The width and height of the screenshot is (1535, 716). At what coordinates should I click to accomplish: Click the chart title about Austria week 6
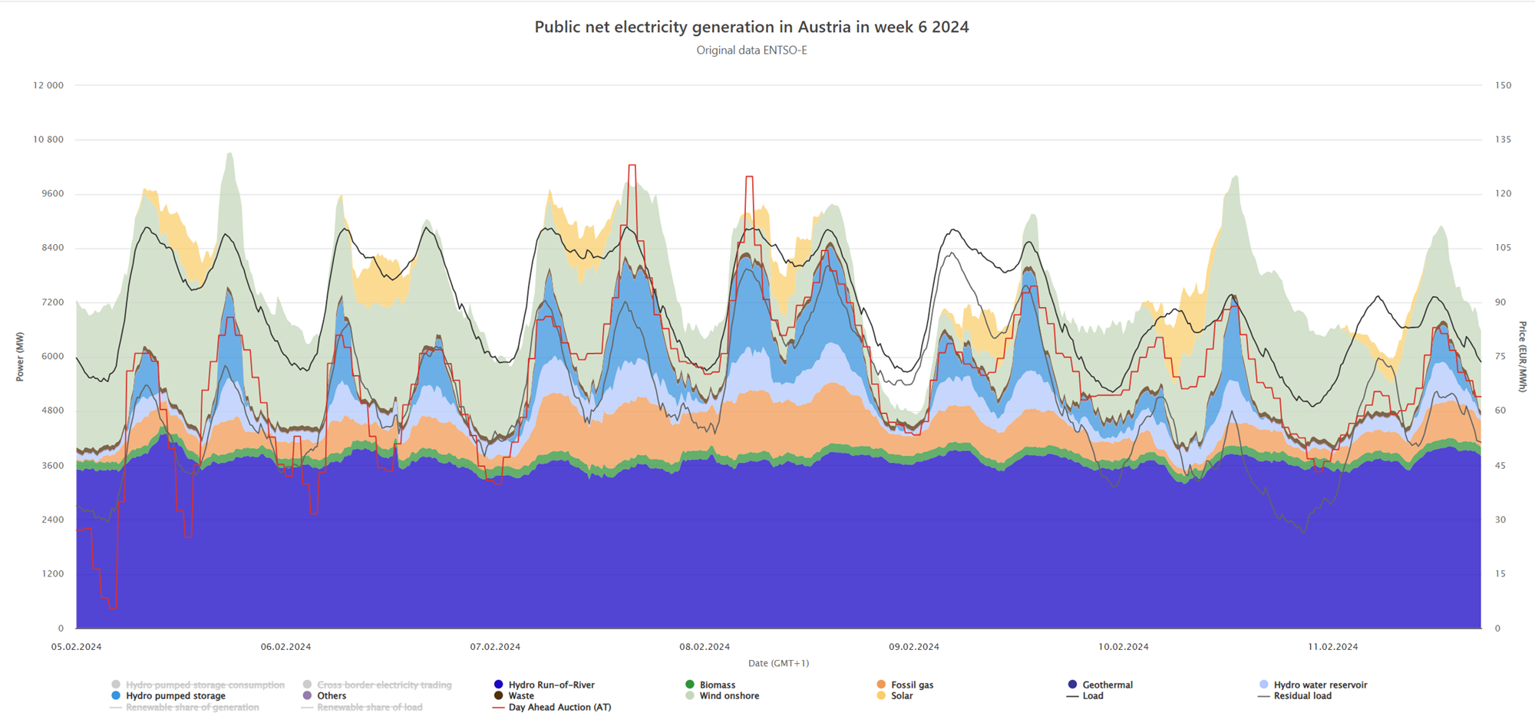[x=751, y=27]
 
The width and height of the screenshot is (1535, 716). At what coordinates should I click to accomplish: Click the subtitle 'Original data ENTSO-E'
[x=751, y=51]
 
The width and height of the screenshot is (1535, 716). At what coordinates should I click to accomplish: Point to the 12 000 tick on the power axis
[x=48, y=85]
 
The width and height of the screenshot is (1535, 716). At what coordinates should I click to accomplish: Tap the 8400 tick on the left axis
[x=52, y=248]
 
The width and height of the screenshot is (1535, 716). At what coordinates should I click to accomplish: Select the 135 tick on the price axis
[x=1503, y=140]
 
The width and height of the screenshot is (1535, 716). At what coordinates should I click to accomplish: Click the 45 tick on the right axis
[x=1500, y=466]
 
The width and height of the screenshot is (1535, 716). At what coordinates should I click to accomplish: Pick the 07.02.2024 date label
[x=495, y=647]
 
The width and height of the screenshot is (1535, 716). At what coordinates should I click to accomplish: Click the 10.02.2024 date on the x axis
[x=1123, y=647]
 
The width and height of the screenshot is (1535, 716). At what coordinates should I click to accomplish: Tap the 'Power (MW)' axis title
[x=20, y=357]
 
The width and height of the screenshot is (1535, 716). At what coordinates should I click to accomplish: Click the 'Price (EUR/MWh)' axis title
[x=1522, y=357]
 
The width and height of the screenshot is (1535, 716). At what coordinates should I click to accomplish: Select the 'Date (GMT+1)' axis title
[x=778, y=663]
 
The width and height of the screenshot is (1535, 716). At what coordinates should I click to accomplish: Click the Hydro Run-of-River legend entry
[x=551, y=685]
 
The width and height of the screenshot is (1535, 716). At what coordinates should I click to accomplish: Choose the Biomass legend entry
[x=717, y=685]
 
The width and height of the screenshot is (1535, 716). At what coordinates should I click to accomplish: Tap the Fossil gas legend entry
[x=912, y=685]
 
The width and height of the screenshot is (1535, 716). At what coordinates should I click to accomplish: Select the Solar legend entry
[x=902, y=696]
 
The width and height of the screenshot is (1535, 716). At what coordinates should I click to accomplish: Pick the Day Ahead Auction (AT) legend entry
[x=560, y=708]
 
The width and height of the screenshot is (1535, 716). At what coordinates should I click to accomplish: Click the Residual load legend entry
[x=1302, y=696]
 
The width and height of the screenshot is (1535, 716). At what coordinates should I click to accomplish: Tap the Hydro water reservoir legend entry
[x=1320, y=685]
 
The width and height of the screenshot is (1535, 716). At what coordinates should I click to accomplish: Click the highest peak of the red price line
[x=632, y=165]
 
